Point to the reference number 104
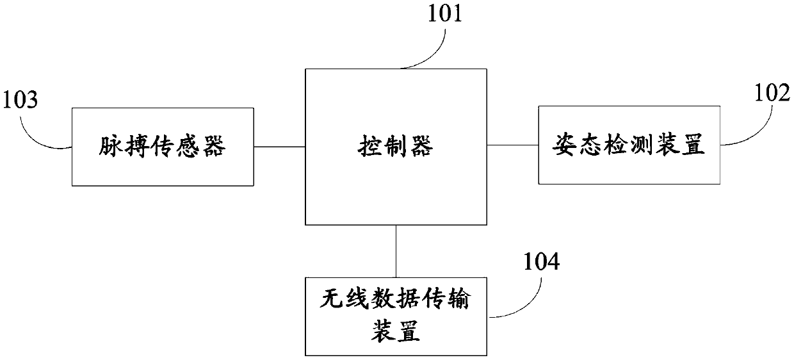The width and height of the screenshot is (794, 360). click(x=540, y=262)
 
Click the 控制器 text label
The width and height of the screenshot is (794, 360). click(x=395, y=147)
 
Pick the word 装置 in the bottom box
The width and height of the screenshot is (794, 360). click(x=395, y=332)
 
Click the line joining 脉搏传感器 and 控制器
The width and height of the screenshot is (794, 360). click(x=279, y=147)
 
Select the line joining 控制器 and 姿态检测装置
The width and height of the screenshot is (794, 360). click(x=512, y=146)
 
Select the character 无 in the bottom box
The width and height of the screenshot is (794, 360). click(x=330, y=299)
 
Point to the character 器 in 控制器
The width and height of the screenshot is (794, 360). click(x=423, y=147)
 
